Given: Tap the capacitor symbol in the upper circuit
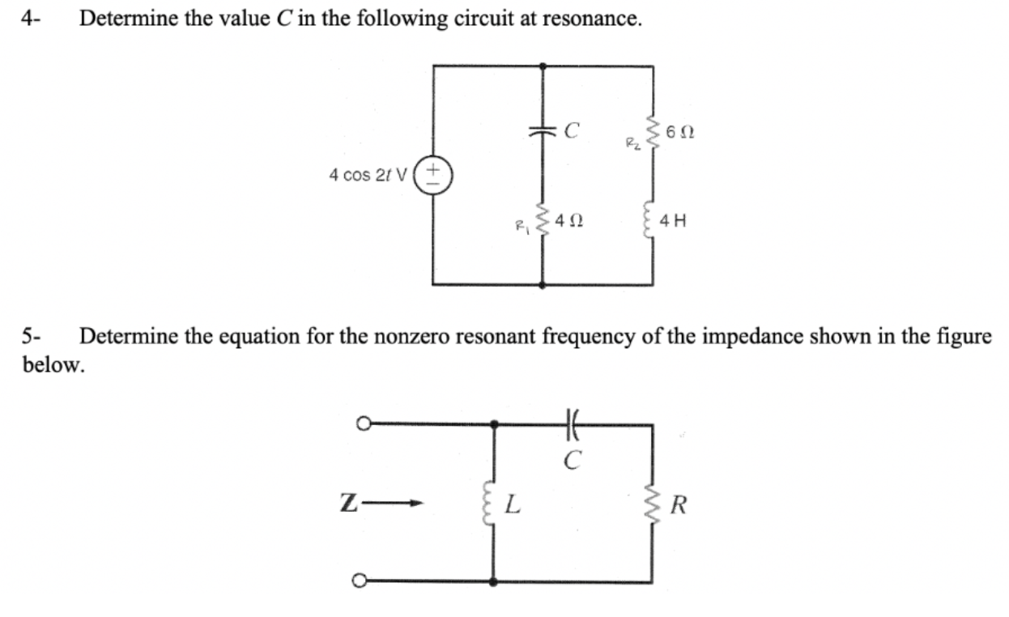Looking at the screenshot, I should click(x=542, y=131).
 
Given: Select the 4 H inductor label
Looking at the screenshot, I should click(x=673, y=219).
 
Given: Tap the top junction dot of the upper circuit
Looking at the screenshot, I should click(x=542, y=66).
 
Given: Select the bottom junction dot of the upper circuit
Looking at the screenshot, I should click(x=542, y=285).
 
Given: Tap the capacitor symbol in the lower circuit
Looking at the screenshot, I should click(x=573, y=423).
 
